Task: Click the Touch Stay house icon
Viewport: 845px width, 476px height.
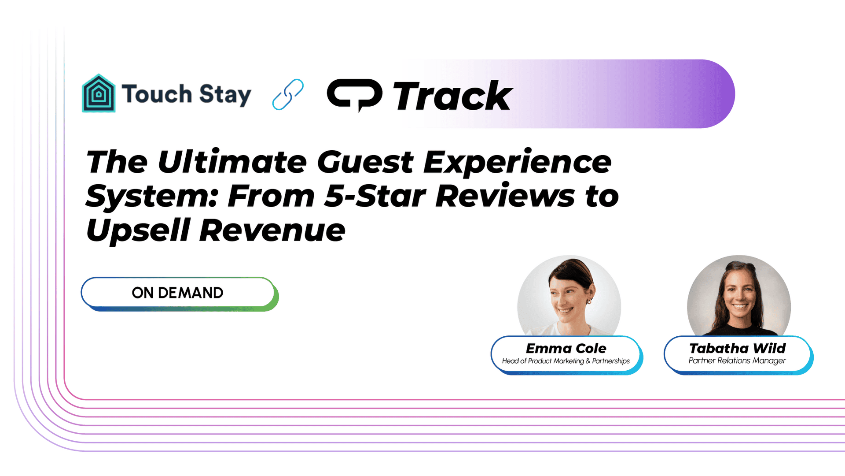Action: (x=99, y=93)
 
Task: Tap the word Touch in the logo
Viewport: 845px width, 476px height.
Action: (x=157, y=94)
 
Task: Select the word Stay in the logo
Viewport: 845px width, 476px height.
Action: (x=225, y=95)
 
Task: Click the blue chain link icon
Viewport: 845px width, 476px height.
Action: (x=288, y=94)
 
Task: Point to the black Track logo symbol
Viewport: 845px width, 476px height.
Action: (x=354, y=95)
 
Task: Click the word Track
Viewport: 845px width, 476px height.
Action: (x=452, y=96)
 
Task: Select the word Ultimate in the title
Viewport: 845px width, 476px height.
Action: (x=232, y=162)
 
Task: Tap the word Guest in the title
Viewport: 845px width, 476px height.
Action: (x=365, y=162)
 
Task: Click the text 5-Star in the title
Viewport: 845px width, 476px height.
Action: (x=375, y=196)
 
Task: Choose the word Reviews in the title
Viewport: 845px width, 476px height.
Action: (x=505, y=196)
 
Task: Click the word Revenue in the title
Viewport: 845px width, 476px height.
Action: (x=272, y=231)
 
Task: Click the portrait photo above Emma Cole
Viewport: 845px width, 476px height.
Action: (x=569, y=296)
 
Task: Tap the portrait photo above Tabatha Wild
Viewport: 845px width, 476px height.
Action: (x=739, y=296)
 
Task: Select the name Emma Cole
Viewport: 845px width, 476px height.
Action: (x=566, y=348)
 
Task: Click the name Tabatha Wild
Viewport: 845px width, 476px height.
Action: (x=737, y=348)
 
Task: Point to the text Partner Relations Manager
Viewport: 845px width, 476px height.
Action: (x=737, y=361)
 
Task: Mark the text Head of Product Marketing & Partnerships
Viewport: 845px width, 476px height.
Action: (x=566, y=361)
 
